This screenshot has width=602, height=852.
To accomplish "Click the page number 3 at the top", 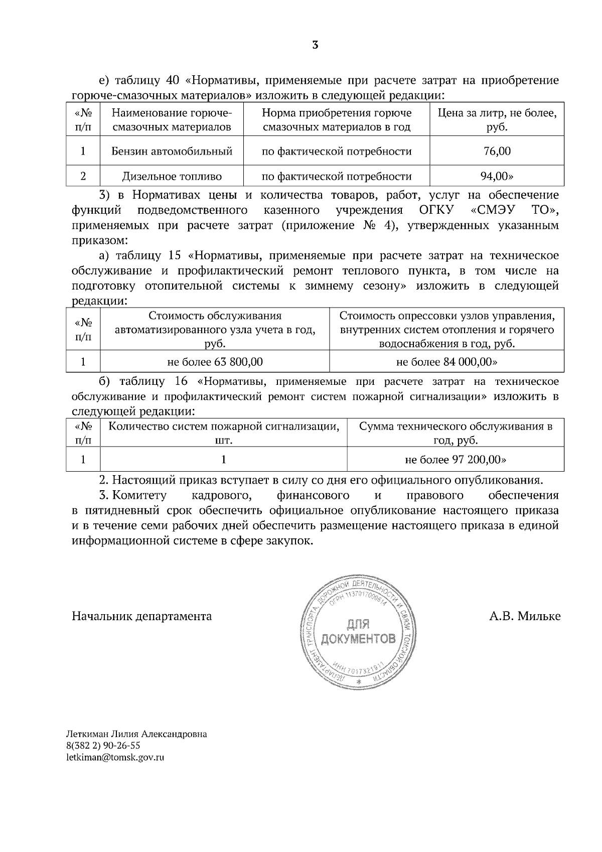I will click(315, 45).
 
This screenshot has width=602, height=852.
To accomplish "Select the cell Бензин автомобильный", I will click(172, 151).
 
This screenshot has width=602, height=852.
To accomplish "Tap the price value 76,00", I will click(497, 151).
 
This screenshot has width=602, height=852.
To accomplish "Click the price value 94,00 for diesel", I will click(497, 176).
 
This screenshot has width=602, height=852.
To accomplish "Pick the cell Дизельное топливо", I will click(172, 176).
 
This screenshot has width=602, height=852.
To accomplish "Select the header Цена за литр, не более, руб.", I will click(497, 120).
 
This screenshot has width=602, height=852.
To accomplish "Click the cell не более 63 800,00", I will click(215, 362).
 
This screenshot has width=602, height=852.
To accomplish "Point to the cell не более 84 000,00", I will click(446, 362).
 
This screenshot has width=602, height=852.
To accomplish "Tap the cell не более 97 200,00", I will click(455, 459).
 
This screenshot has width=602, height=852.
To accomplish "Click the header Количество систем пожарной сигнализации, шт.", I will click(224, 434).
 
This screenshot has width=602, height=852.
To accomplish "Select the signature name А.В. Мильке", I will click(525, 616).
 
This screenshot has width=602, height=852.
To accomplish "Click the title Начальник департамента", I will click(142, 616).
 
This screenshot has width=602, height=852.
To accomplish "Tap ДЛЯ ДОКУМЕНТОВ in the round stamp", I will click(358, 632).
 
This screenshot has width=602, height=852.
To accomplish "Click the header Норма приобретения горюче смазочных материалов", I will click(336, 120).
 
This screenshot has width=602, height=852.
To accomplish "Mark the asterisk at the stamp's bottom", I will click(358, 682).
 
